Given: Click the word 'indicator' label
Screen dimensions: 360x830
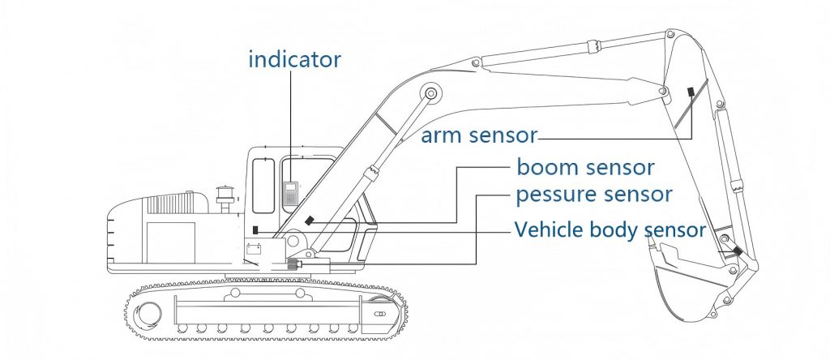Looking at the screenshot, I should pyautogui.click(x=294, y=59).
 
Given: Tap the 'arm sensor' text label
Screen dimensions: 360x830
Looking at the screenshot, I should pyautogui.click(x=479, y=135).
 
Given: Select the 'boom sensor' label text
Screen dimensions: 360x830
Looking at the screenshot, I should pyautogui.click(x=585, y=168).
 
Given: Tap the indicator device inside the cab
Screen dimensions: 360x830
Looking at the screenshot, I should pyautogui.click(x=290, y=191).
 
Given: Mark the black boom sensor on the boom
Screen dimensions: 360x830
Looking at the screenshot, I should pyautogui.click(x=308, y=221).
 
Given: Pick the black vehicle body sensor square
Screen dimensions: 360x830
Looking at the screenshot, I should pyautogui.click(x=256, y=229).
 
